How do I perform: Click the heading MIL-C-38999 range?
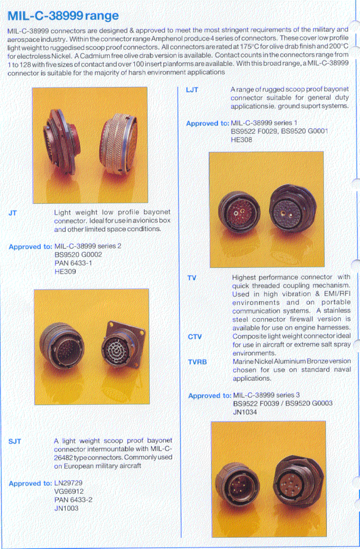point(63,16)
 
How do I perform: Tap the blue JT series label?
point(13,213)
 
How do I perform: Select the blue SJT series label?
point(15,441)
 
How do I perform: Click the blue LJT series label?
point(192,90)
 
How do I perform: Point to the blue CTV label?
point(195,337)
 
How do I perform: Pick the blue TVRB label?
point(197,362)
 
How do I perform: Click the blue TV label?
point(192,278)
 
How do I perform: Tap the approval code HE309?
point(65,272)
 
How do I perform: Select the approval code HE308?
point(241,140)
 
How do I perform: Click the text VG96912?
point(69,492)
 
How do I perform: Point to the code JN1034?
point(245,412)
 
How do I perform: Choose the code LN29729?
point(68,483)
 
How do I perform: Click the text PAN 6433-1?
point(73,263)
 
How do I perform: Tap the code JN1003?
point(66,508)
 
